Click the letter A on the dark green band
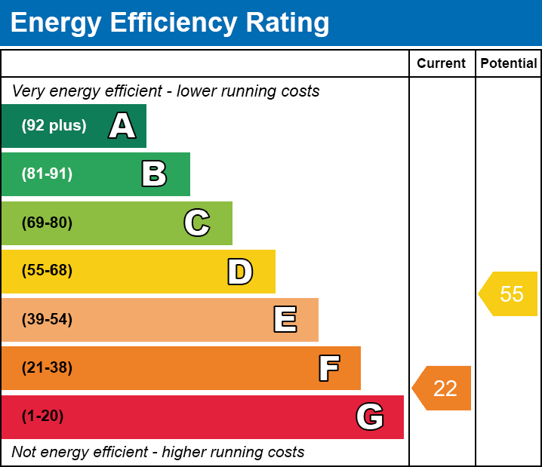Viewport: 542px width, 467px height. click(122, 125)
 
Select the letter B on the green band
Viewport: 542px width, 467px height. click(154, 174)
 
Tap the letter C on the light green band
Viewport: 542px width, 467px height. click(197, 223)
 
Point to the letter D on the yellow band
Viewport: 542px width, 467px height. click(240, 272)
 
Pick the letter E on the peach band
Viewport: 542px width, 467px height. click(285, 319)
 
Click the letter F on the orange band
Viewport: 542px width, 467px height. click(329, 368)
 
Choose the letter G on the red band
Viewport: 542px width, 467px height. click(370, 416)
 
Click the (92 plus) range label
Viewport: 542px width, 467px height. click(54, 125)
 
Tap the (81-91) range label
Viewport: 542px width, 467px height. click(47, 174)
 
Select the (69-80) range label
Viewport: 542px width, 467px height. click(47, 223)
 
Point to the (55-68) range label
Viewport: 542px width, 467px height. click(47, 270)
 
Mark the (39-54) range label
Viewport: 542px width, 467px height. click(47, 319)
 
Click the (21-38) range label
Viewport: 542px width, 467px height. click(47, 367)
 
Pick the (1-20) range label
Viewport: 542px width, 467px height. click(42, 416)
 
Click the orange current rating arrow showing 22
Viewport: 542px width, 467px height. click(442, 389)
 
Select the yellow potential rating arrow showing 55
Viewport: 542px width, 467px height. click(508, 294)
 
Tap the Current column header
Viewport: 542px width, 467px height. click(441, 63)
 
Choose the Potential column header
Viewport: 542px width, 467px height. click(509, 63)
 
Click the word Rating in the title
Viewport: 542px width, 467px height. click(288, 23)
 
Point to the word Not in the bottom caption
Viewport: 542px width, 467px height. click(23, 452)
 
